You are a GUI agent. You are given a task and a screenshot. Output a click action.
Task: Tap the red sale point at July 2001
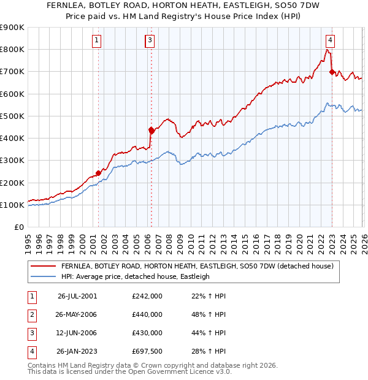tap(98, 173)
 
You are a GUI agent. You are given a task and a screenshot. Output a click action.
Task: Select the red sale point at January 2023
tap(332, 72)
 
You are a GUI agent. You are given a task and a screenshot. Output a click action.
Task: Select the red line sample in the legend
tap(44, 266)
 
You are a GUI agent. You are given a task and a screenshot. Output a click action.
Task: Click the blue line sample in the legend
tap(44, 276)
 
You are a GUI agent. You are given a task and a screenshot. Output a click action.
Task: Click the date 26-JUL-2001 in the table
tap(77, 295)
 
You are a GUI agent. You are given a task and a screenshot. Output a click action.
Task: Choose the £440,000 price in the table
tap(147, 314)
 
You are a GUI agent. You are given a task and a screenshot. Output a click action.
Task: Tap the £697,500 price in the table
tap(147, 351)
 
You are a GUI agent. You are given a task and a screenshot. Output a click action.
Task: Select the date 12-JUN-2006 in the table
tap(77, 333)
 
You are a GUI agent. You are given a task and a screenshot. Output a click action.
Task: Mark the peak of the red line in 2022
tap(325, 50)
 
